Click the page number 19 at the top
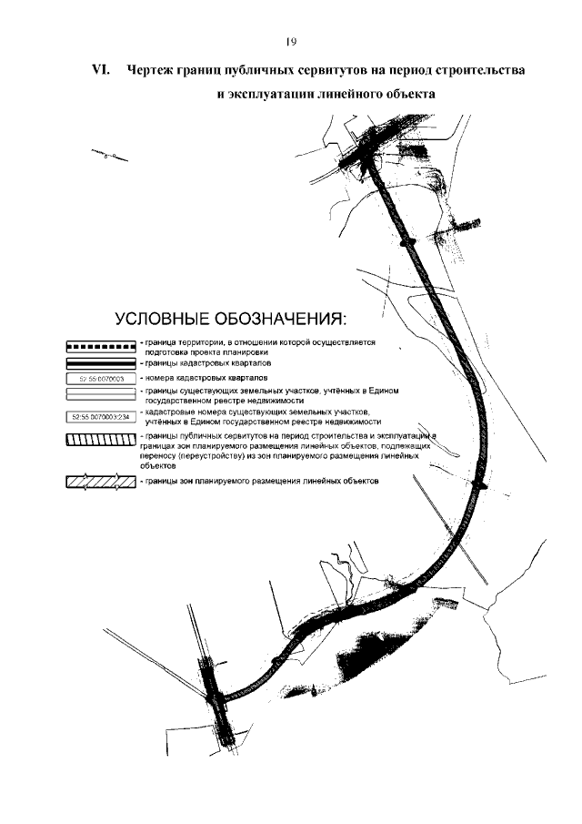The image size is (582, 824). [x=291, y=41]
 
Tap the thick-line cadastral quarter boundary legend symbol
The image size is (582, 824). [x=101, y=361]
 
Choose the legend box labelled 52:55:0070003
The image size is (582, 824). [x=101, y=376]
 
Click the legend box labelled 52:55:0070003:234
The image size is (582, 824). [x=101, y=418]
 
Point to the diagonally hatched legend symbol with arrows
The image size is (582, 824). [x=101, y=482]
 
